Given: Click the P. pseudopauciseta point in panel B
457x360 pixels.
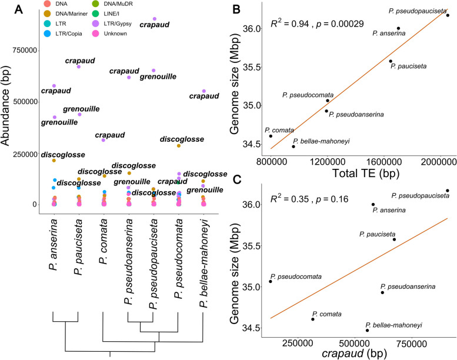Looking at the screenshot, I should pyautogui.click(x=448, y=15).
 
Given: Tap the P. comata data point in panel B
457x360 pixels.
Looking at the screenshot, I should pyautogui.click(x=271, y=136).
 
